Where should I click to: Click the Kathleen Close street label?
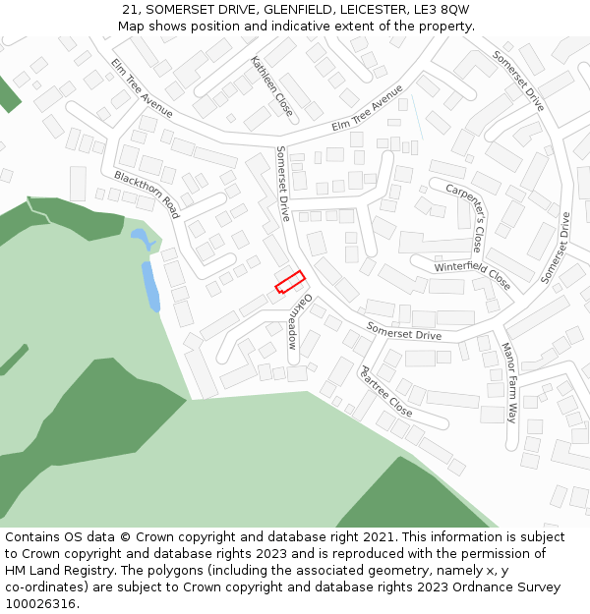pos(271,84)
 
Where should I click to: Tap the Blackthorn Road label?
pos(147,194)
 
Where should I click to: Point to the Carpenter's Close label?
pos(464,216)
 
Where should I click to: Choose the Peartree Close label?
pos(385,390)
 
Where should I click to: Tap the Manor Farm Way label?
pos(509,382)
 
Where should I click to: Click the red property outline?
pos(289,282)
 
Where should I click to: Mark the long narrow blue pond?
pos(150,286)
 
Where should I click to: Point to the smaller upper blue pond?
pos(140,237)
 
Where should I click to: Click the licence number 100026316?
pos(41,604)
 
